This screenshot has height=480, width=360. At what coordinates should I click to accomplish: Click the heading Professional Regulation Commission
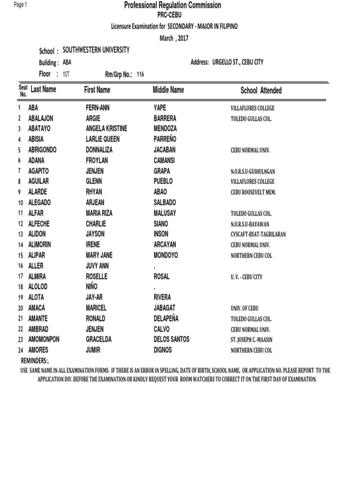pyautogui.click(x=172, y=6)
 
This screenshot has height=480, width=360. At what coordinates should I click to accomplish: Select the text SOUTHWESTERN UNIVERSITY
pyautogui.click(x=96, y=50)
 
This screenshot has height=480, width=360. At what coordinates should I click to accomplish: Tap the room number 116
pyautogui.click(x=140, y=75)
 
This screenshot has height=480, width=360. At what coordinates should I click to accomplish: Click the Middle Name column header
pyautogui.click(x=168, y=90)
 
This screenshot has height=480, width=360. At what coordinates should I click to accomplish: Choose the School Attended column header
pyautogui.click(x=261, y=90)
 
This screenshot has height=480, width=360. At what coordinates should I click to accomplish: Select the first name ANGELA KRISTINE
pyautogui.click(x=106, y=128)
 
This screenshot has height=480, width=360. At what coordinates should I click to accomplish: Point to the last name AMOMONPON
pyautogui.click(x=46, y=339)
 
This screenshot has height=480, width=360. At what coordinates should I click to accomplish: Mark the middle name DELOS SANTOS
pyautogui.click(x=172, y=339)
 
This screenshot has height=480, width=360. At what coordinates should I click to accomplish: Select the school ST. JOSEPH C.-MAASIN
pyautogui.click(x=256, y=340)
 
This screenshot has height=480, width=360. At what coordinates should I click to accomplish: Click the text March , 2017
pyautogui.click(x=173, y=38)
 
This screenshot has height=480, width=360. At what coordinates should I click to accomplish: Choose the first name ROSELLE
pyautogui.click(x=97, y=277)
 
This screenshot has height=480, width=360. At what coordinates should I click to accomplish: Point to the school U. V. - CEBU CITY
pyautogui.click(x=246, y=277)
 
